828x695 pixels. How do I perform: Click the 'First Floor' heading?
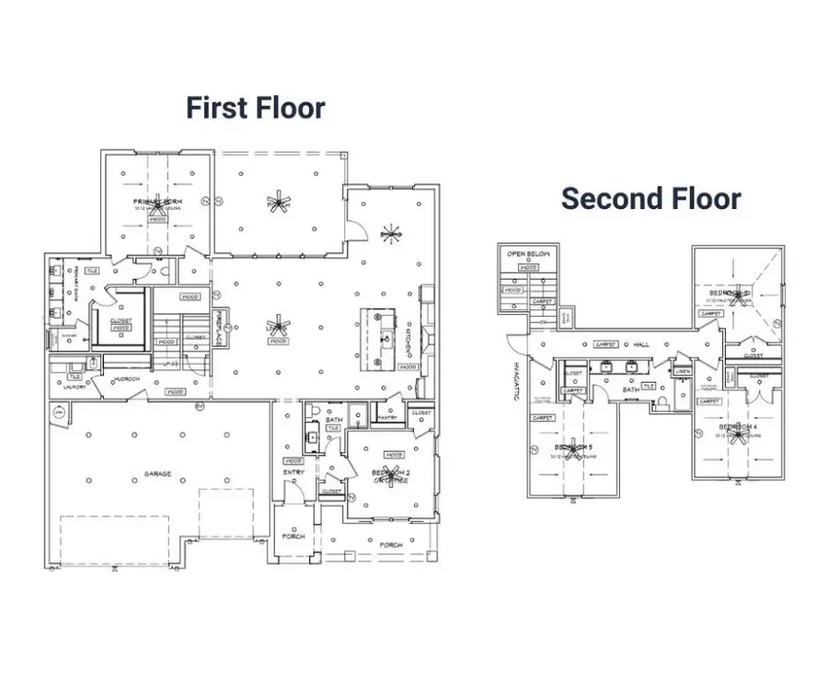(255, 108)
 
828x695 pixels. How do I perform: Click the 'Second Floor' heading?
(650, 198)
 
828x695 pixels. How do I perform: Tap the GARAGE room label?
(156, 473)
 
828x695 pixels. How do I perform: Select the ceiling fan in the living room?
(279, 327)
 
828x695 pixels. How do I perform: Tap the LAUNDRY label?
(75, 387)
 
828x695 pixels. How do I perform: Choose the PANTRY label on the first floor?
(386, 417)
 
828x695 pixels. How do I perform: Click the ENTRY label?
(293, 472)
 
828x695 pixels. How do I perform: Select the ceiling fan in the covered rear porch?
(277, 202)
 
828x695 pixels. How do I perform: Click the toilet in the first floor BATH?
(314, 411)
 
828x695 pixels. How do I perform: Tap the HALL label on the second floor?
(641, 344)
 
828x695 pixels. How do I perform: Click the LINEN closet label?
(682, 371)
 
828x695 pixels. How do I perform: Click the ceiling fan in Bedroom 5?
(573, 449)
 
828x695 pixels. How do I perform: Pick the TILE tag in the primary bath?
(92, 272)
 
